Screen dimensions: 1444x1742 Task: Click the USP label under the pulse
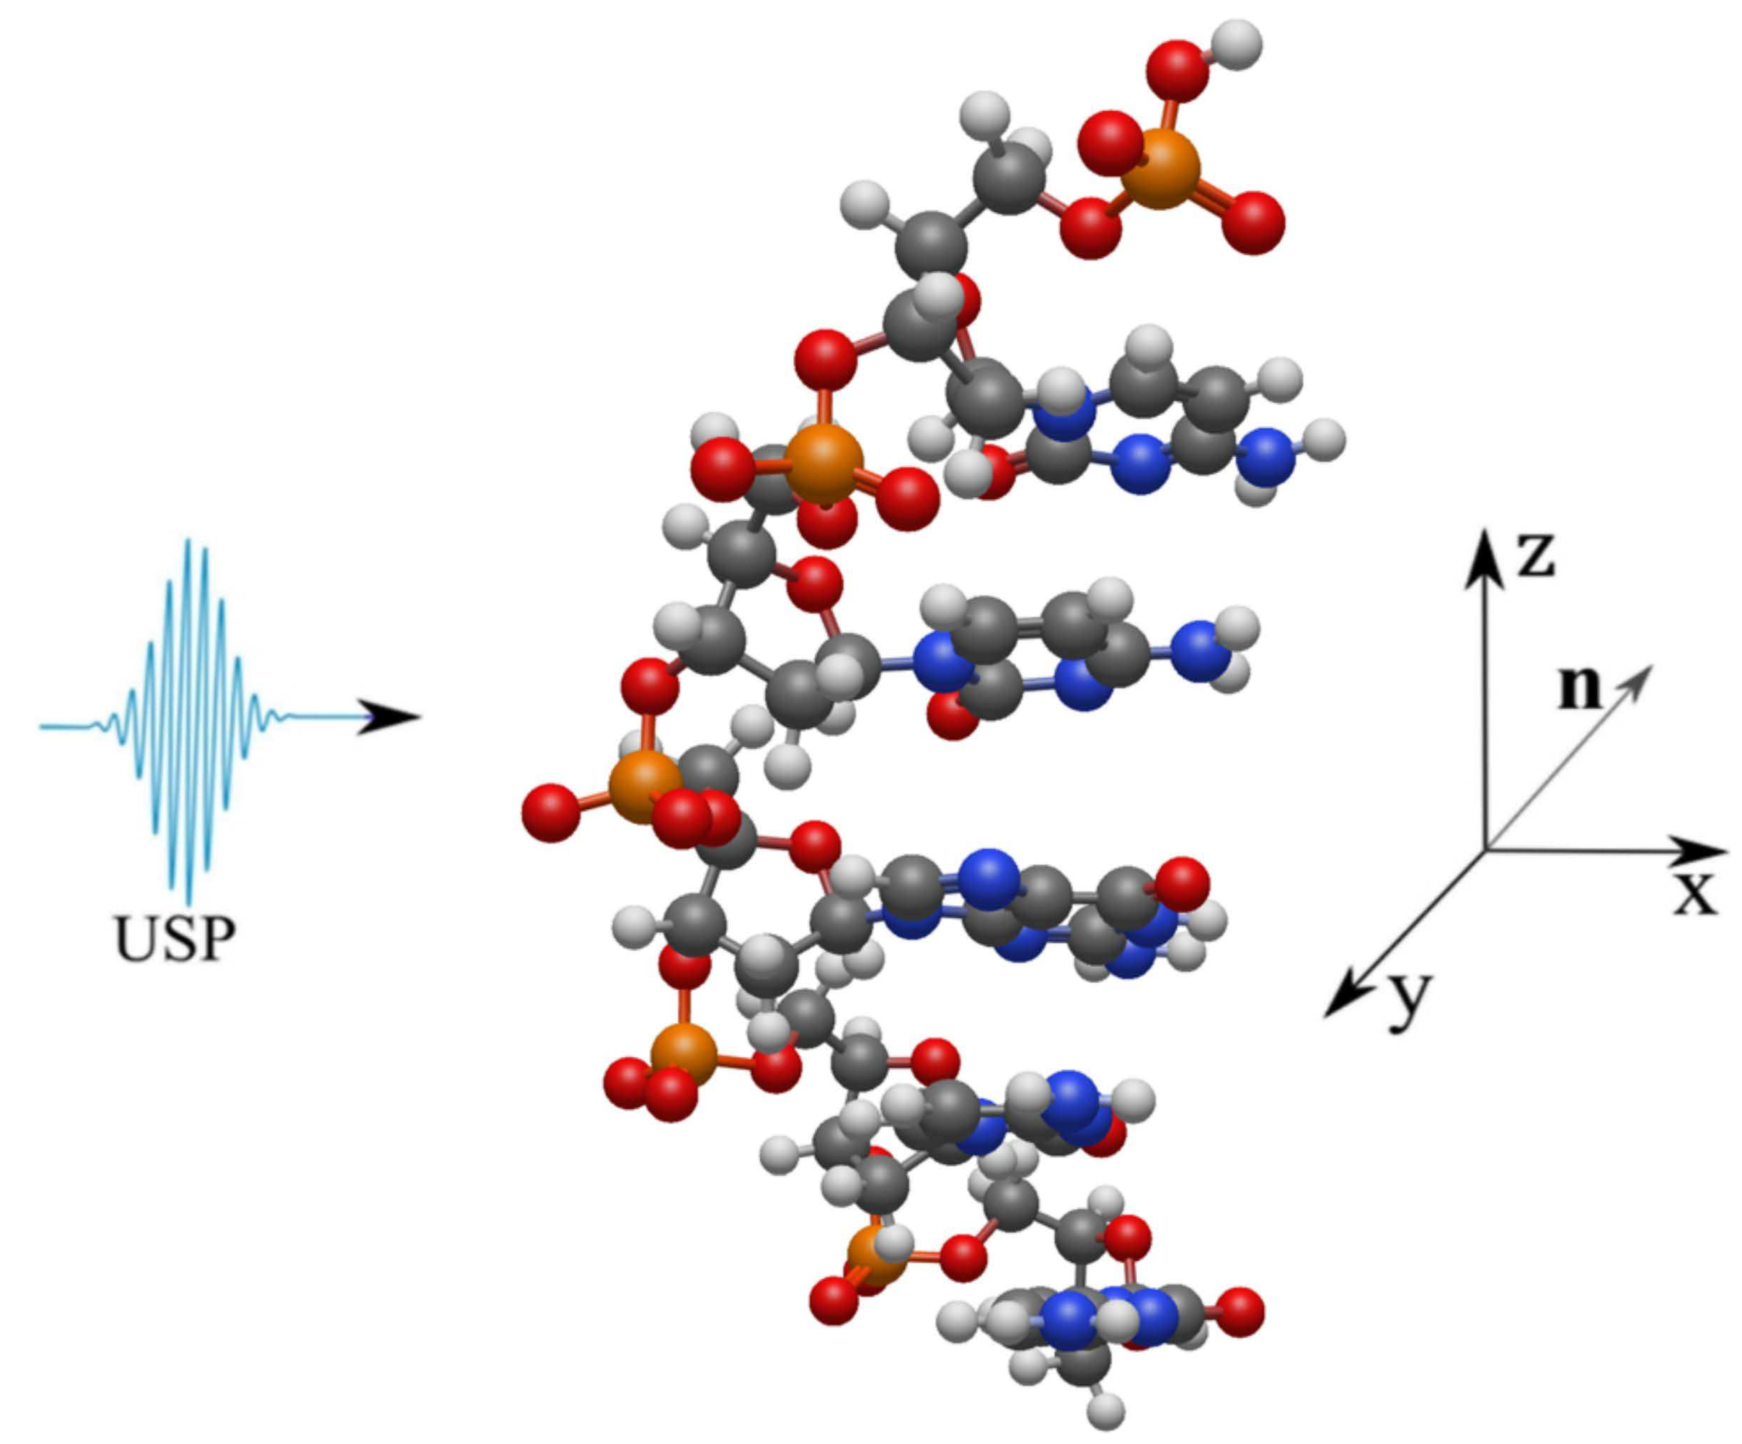[175, 940]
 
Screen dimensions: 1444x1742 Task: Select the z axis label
[1535, 556]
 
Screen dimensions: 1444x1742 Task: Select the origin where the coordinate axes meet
[1485, 850]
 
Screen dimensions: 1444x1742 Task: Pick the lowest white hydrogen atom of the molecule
[1105, 1408]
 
